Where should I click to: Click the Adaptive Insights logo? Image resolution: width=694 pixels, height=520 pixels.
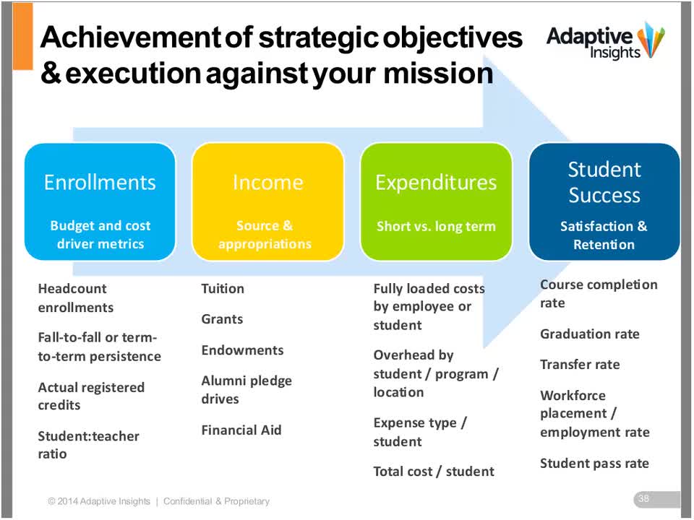[x=606, y=40]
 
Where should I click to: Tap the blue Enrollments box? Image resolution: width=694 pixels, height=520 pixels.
[x=100, y=201]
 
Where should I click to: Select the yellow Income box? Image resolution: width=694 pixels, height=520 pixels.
[x=267, y=201]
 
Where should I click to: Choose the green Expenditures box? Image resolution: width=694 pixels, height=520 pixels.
[x=436, y=201]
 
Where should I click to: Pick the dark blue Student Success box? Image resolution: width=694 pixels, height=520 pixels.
[x=604, y=201]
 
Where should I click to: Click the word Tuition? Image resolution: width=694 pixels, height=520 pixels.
[x=223, y=289]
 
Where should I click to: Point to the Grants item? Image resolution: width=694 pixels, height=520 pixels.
[x=222, y=319]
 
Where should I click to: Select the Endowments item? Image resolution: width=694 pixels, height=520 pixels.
[x=243, y=350]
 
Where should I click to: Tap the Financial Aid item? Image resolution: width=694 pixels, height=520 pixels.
[x=241, y=430]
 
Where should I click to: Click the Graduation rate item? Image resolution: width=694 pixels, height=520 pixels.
[x=590, y=334]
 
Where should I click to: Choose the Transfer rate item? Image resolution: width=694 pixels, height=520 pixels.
[x=580, y=364]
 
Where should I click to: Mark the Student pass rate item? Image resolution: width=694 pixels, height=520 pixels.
[x=594, y=464]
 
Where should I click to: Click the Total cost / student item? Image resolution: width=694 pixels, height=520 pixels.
[x=434, y=472]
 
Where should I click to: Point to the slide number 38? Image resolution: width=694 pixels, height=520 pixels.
[x=643, y=498]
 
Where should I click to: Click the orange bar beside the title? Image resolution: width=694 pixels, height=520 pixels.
[x=22, y=36]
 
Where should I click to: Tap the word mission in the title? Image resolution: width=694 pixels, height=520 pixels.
[x=438, y=74]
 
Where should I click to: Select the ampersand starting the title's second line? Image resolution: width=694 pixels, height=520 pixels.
[x=51, y=74]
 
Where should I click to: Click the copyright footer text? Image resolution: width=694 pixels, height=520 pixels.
[x=158, y=501]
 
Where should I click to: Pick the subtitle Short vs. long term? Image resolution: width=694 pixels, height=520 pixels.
[x=436, y=226]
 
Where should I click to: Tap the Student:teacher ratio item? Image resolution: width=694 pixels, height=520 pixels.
[x=88, y=445]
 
